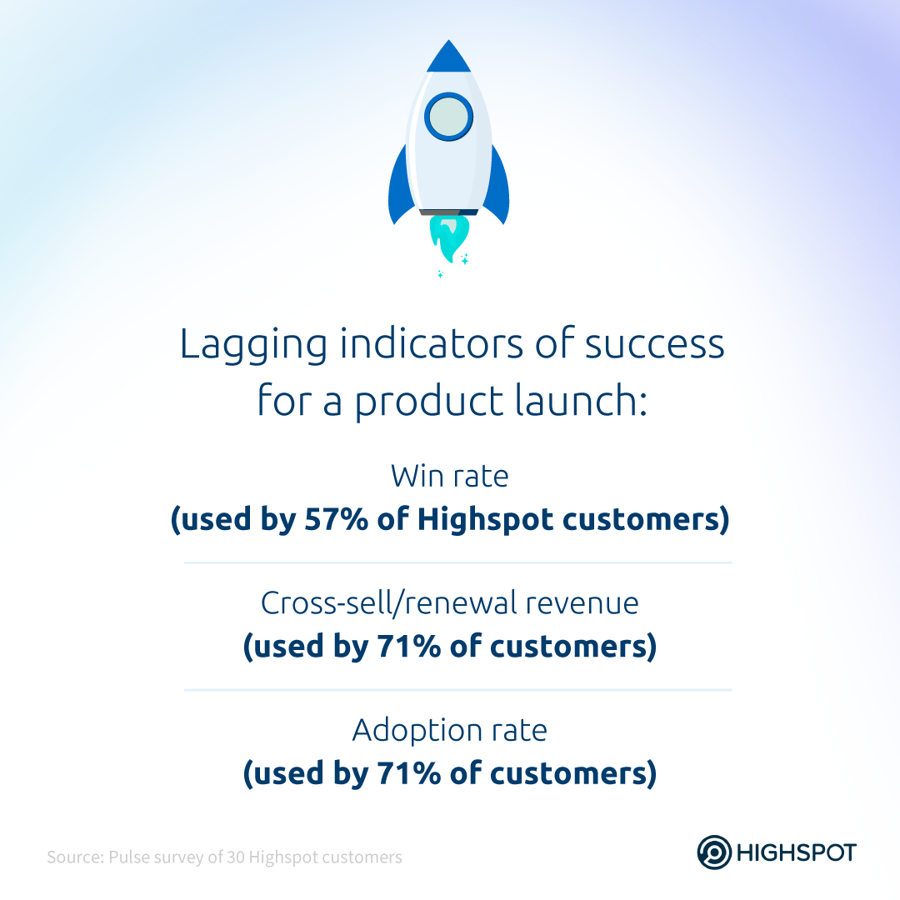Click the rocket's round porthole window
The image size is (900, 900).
(449, 117)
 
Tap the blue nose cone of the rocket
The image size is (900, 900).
(449, 57)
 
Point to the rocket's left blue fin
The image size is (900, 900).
(400, 187)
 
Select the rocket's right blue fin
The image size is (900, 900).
(497, 187)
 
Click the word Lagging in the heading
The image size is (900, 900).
(253, 345)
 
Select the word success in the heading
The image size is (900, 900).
(654, 344)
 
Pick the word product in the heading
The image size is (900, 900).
(429, 402)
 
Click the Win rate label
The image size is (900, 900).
(450, 477)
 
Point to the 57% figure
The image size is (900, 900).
(336, 519)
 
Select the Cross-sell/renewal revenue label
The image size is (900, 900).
(450, 603)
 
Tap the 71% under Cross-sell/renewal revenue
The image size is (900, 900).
(408, 647)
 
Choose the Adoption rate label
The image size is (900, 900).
(450, 732)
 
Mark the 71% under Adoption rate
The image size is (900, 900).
(408, 773)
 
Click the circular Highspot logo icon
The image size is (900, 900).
(714, 852)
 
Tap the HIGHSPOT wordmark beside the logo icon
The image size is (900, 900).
(797, 853)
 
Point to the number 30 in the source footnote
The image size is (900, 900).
(236, 857)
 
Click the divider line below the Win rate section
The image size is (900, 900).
(458, 563)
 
